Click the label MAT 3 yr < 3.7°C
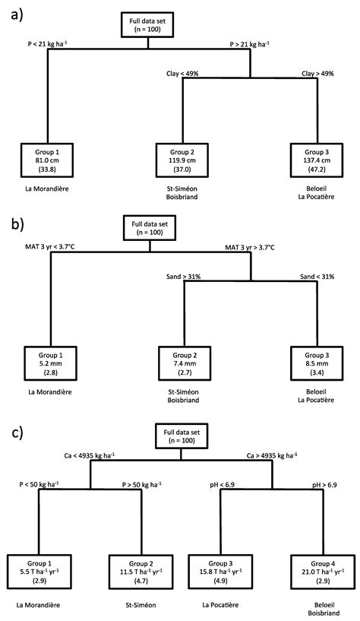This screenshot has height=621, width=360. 52,248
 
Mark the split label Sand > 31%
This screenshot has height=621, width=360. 184,277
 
